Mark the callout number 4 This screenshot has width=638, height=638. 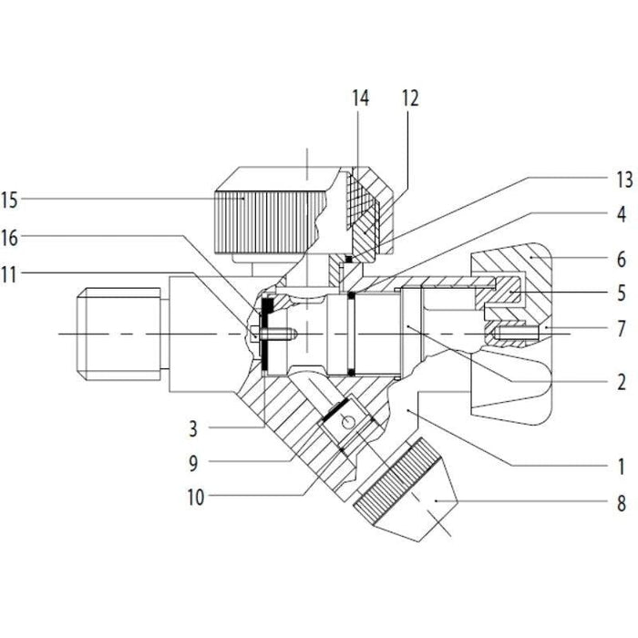621,216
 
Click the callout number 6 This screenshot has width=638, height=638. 621,258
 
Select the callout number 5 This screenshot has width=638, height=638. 621,295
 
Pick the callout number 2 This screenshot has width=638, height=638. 621,383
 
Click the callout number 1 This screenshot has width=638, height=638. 621,468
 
